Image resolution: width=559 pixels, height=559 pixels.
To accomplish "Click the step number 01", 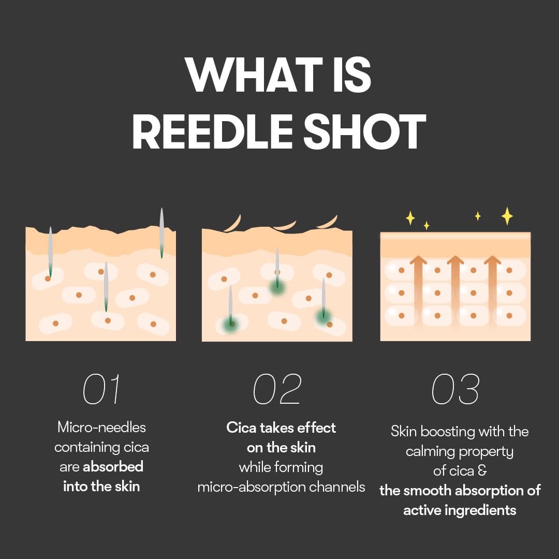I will tap(101, 389).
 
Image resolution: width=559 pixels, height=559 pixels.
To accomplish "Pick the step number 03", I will tap(455, 389).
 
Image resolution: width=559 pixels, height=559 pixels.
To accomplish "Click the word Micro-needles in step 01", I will tap(101, 427).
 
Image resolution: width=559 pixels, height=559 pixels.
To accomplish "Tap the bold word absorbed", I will tap(113, 467).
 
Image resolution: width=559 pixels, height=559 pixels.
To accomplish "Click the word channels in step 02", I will tap(339, 487).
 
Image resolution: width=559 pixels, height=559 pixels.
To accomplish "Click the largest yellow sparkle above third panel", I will tap(507, 216).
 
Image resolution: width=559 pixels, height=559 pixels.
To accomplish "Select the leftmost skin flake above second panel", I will tap(232, 223).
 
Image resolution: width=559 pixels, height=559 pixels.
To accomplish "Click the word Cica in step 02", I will tap(242, 428).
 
